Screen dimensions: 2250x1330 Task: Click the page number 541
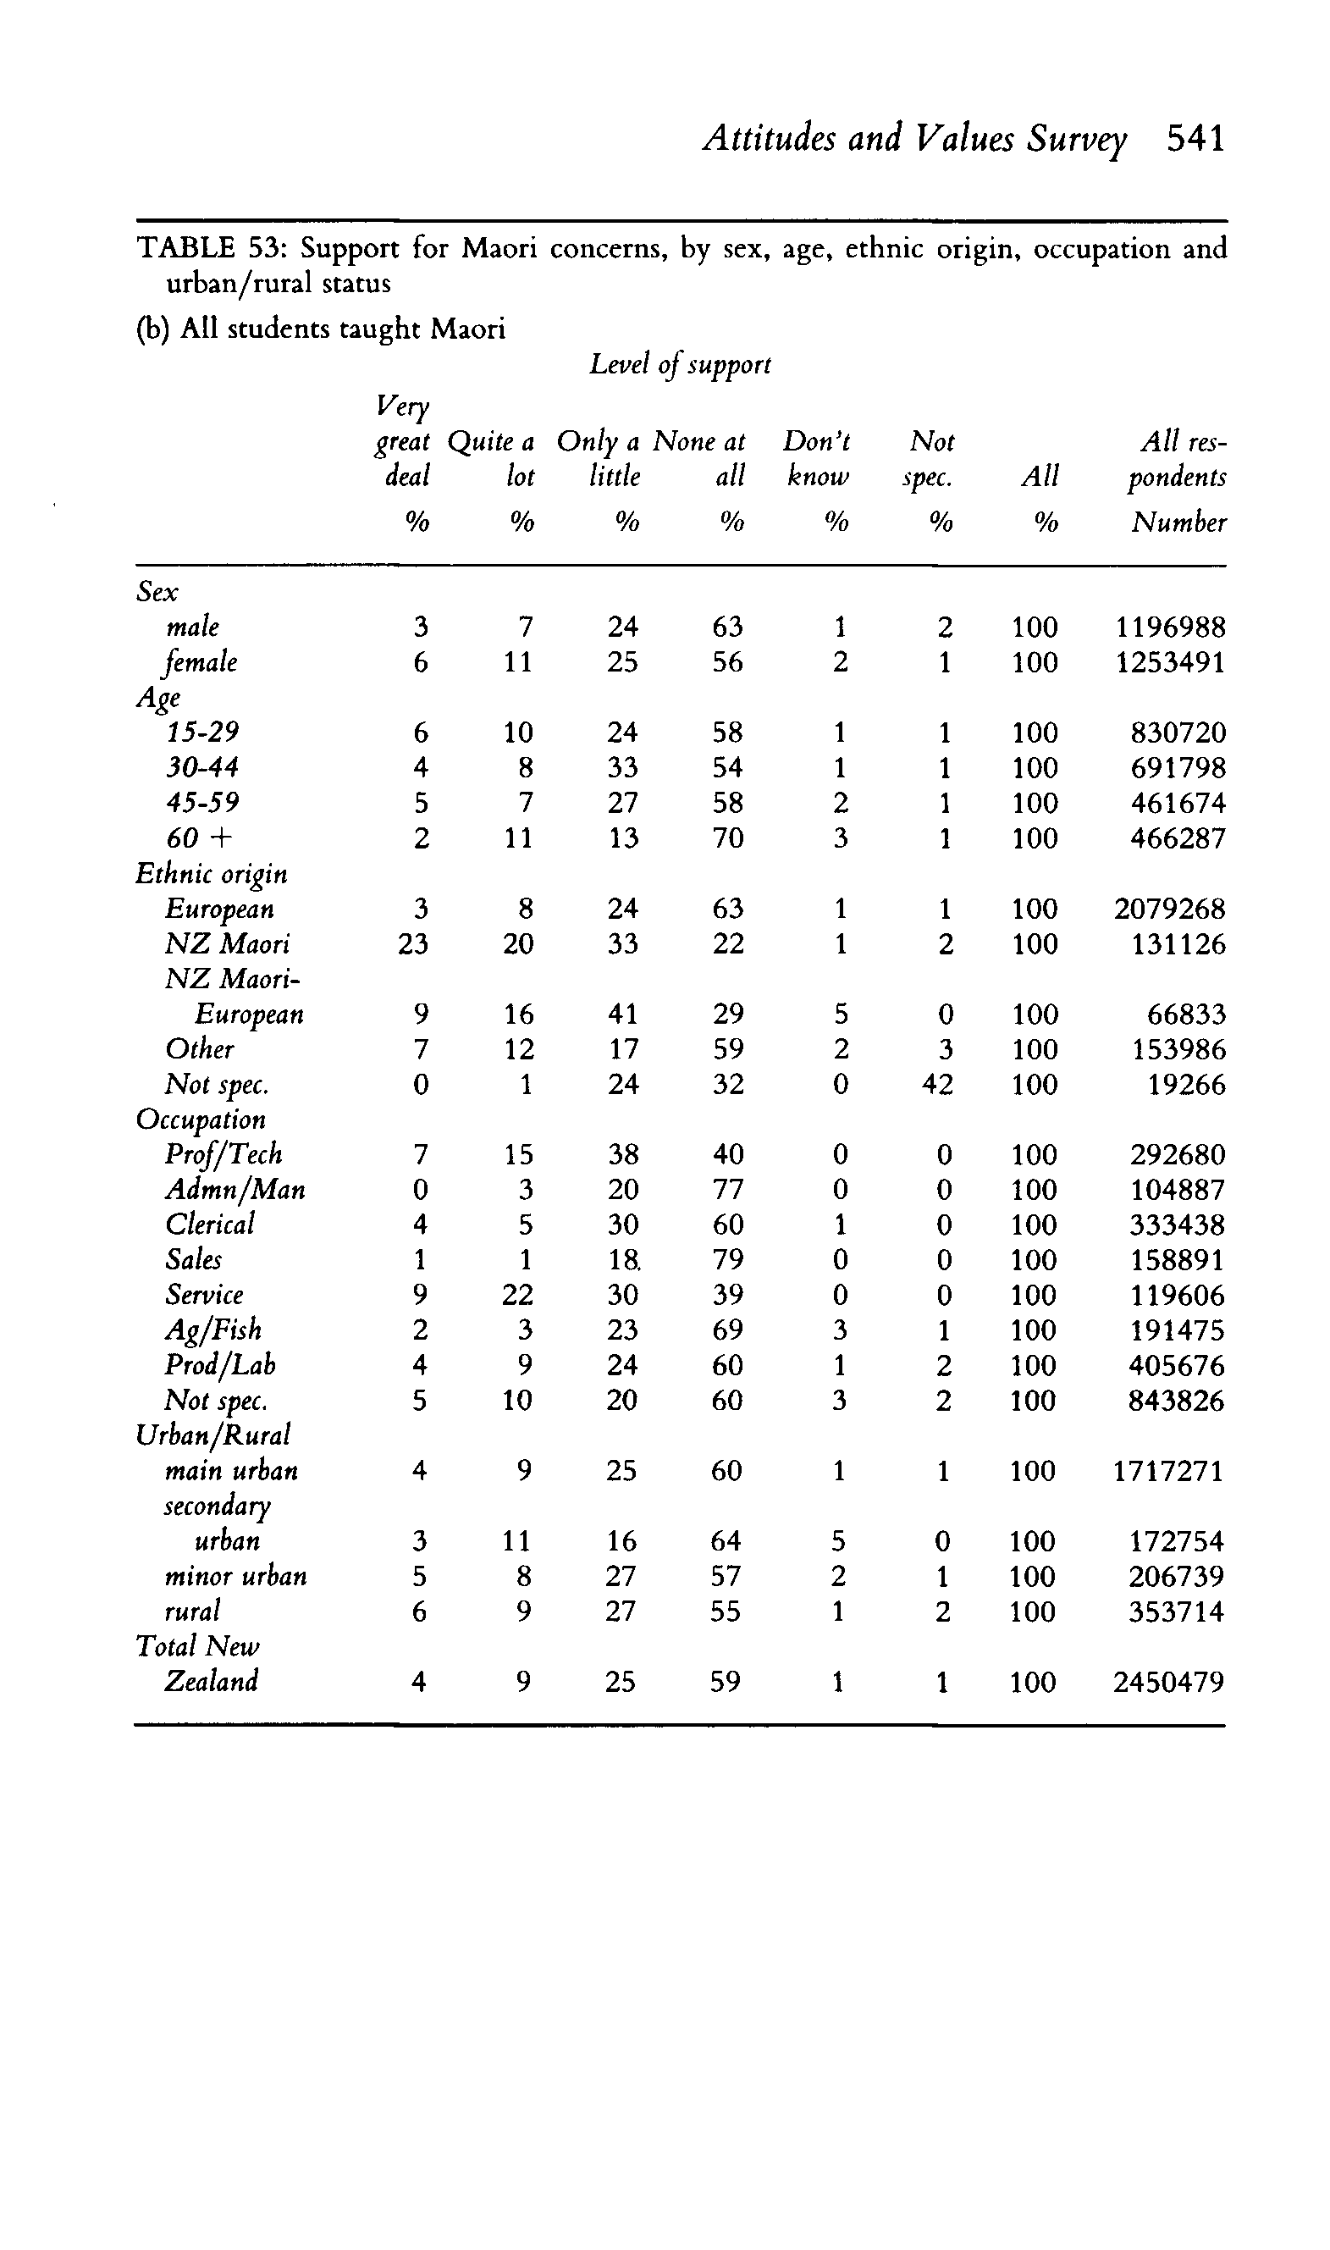[x=1195, y=140]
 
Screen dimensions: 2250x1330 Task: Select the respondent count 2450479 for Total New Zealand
[x=1168, y=1682]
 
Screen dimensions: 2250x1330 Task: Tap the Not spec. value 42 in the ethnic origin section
[x=936, y=1085]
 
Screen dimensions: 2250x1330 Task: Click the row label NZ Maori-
[x=231, y=979]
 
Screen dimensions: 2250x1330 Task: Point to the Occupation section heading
[x=201, y=1119]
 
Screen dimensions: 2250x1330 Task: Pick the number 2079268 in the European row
[x=1168, y=909]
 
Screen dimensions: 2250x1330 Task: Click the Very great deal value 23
[x=412, y=944]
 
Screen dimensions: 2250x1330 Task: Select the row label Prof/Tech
[x=224, y=1154]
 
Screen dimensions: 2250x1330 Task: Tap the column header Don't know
[x=816, y=458]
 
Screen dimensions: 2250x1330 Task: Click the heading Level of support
[x=680, y=365]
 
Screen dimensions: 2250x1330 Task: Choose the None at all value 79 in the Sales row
[x=727, y=1260]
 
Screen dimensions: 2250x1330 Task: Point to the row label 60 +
[x=198, y=838]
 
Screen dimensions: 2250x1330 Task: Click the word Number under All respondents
[x=1178, y=522]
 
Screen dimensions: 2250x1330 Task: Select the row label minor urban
[x=235, y=1576]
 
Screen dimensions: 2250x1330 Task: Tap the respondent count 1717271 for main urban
[x=1167, y=1471]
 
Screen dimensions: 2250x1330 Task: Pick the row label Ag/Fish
[x=213, y=1330]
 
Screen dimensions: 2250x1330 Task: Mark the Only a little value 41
[x=622, y=1014]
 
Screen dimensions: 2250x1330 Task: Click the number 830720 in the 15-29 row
[x=1178, y=733]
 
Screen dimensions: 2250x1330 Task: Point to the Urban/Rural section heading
[x=213, y=1435]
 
